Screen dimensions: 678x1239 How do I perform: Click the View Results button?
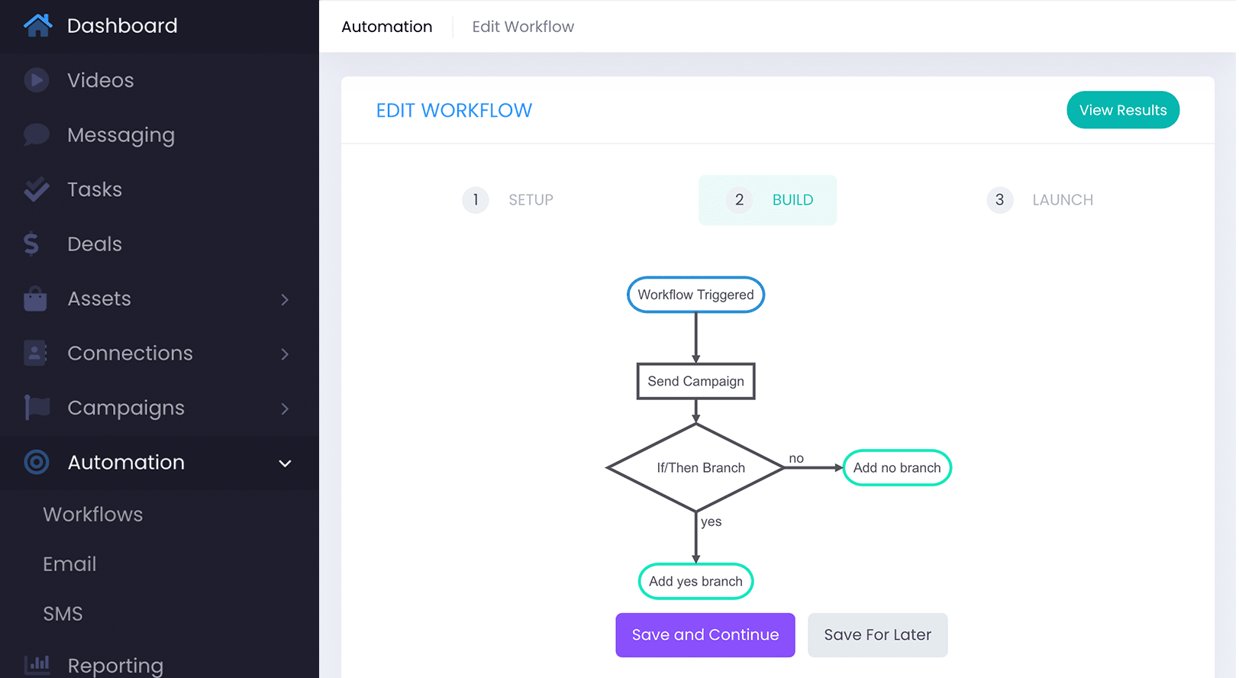[1122, 110]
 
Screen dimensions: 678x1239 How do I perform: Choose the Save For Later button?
[877, 634]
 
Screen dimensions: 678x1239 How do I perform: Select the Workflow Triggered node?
[695, 295]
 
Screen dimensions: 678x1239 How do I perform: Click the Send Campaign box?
[695, 381]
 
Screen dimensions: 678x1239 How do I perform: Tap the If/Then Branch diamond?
[696, 467]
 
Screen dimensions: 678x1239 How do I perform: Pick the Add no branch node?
[897, 467]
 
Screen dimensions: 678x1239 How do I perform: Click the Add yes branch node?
[695, 581]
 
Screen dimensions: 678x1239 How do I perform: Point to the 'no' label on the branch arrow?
[796, 458]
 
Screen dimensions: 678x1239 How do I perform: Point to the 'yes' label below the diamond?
[711, 521]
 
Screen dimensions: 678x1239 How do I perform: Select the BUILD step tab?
[768, 200]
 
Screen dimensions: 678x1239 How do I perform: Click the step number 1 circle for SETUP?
[476, 200]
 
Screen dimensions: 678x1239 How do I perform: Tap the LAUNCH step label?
[1062, 200]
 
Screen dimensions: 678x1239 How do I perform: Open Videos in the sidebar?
[100, 80]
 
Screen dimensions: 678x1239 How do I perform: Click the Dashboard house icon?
[37, 25]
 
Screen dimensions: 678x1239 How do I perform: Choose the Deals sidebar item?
[95, 244]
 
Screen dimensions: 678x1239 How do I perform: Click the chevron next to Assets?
[285, 299]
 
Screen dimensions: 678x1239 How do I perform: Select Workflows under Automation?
[93, 515]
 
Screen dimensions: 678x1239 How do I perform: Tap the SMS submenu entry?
[63, 614]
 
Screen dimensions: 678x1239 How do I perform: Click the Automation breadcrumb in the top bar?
[386, 27]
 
